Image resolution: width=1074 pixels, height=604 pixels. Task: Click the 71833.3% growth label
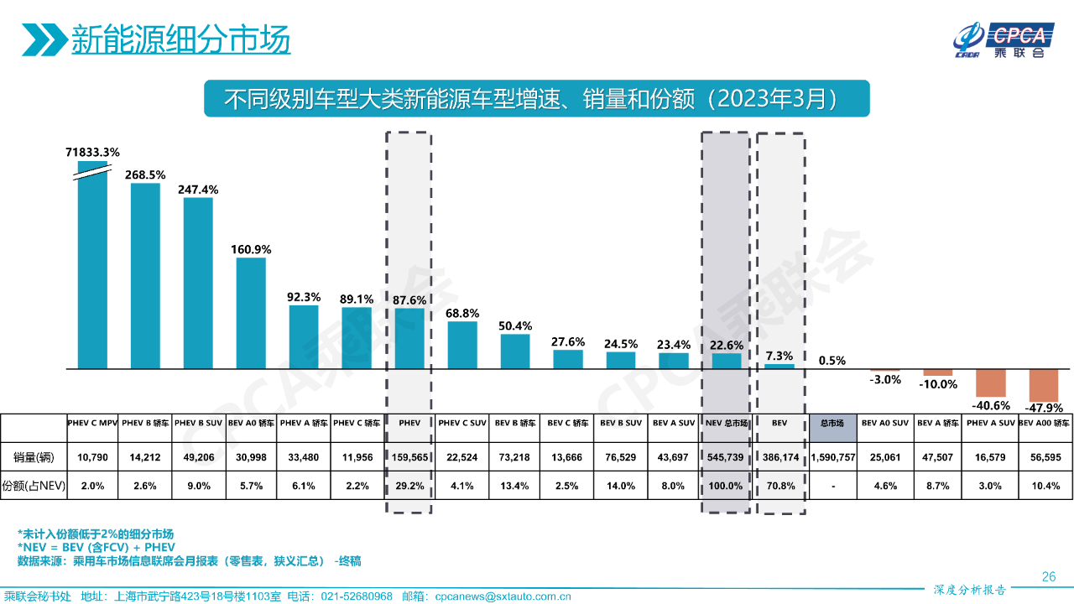point(92,152)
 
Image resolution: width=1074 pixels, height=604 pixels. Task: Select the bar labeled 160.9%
point(251,313)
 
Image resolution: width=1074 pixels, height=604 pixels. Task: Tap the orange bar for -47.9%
point(1044,385)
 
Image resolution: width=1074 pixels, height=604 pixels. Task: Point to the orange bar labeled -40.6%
point(990,383)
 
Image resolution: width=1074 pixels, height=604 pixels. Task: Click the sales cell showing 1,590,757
point(832,458)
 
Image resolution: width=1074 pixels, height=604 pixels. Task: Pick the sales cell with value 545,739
point(726,458)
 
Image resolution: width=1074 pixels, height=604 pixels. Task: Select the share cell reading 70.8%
point(779,486)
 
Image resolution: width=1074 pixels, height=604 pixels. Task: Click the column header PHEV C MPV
point(92,423)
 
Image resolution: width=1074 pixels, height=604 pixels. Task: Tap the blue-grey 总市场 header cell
point(832,424)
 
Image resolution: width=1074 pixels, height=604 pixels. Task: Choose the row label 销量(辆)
point(33,458)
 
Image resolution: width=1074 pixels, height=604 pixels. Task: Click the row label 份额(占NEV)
point(33,486)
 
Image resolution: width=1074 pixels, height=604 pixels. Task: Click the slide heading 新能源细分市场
point(180,39)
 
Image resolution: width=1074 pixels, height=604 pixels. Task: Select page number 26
point(1048,576)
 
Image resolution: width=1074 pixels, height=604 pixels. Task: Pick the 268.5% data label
point(145,174)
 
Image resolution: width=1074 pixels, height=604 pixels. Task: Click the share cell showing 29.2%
point(409,486)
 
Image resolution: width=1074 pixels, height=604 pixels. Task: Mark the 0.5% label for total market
point(832,361)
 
